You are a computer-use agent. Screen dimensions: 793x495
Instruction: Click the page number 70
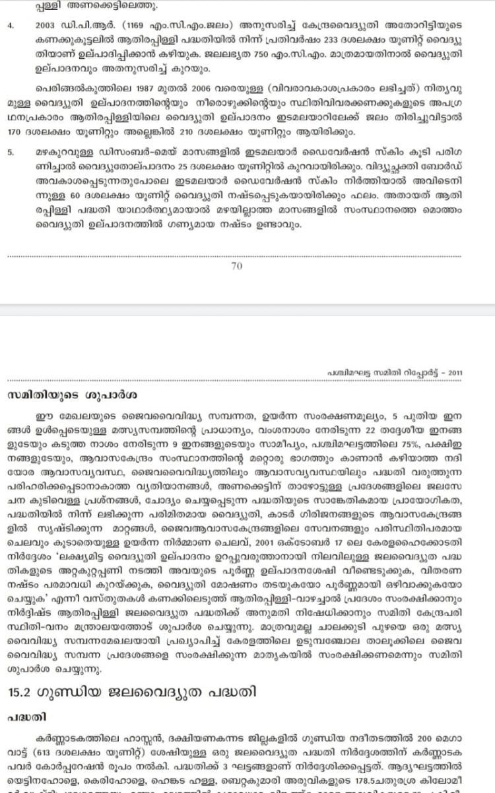click(x=238, y=266)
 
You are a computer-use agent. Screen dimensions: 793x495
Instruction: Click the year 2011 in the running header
click(x=455, y=373)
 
